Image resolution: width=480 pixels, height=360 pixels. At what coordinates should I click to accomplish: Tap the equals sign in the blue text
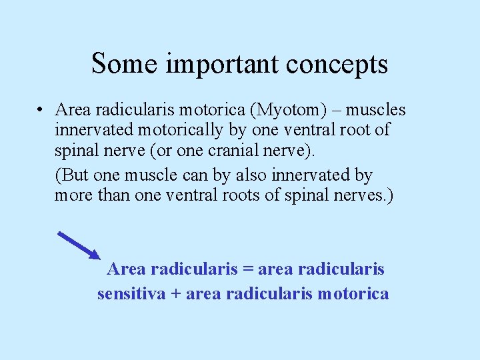248,269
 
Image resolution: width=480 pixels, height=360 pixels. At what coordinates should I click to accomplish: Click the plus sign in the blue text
176,293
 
